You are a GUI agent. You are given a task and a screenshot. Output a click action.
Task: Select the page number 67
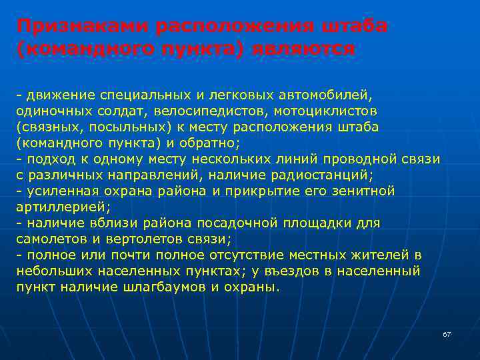447,334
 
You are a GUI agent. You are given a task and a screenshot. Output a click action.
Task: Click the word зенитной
364,191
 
